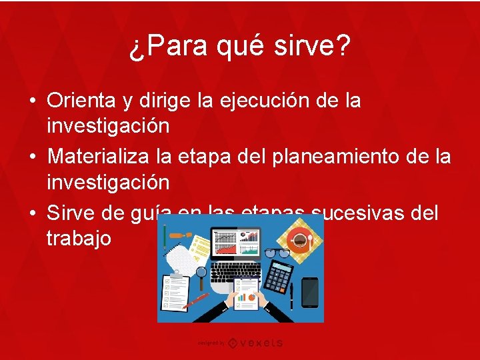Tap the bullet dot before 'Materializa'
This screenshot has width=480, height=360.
(x=32, y=157)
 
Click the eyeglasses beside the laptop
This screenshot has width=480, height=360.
(x=276, y=253)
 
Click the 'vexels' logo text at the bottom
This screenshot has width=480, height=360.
(x=257, y=343)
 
